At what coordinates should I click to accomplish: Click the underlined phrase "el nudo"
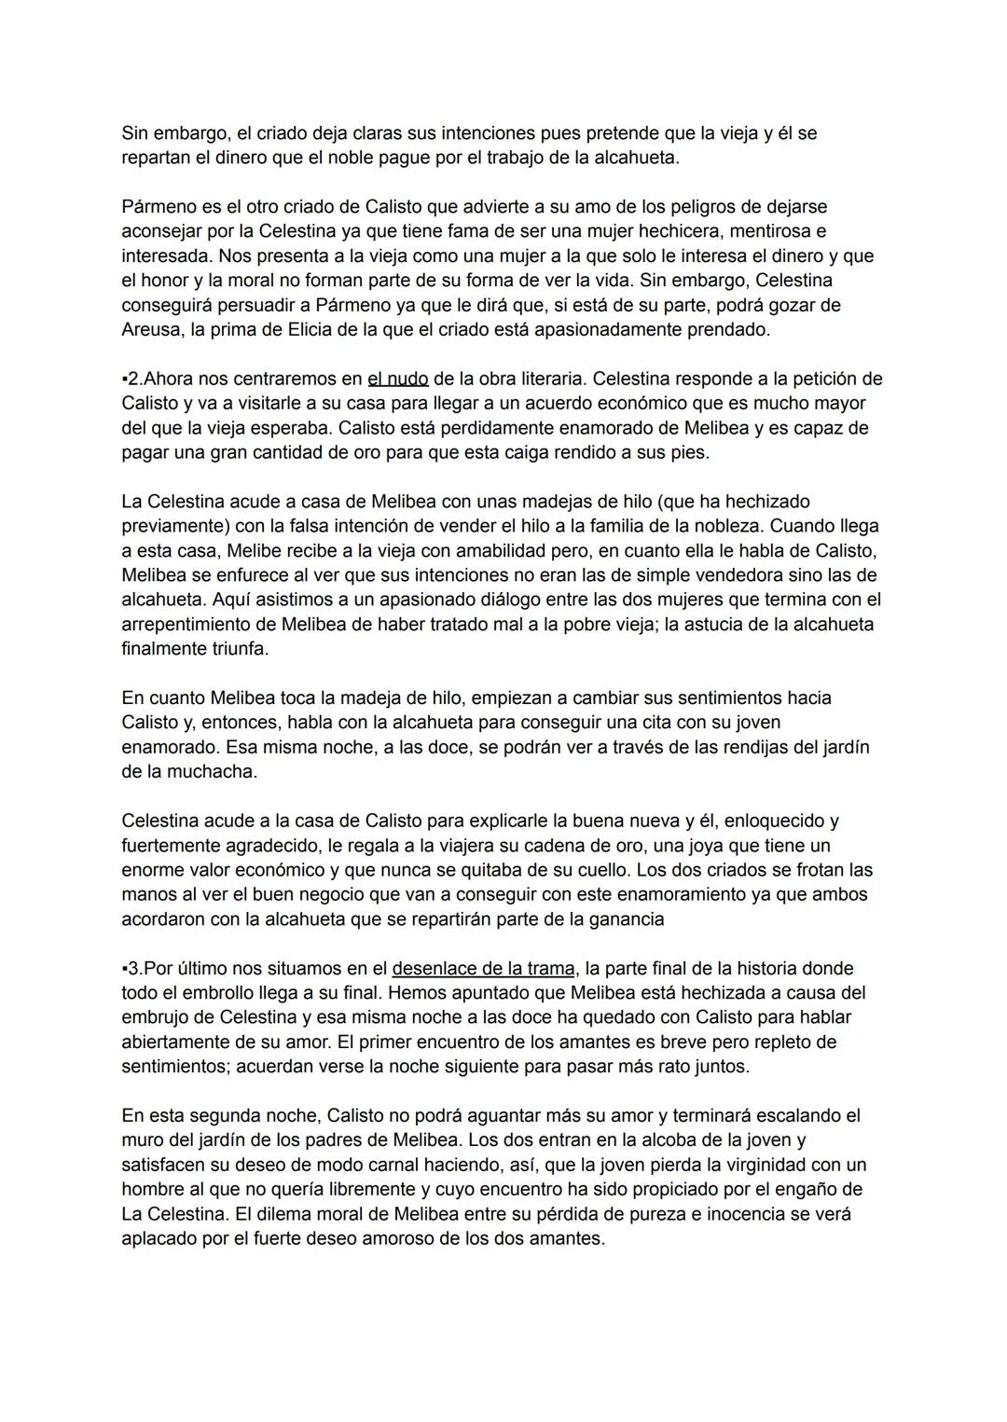click(398, 379)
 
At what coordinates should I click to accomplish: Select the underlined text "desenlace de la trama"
click(483, 968)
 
